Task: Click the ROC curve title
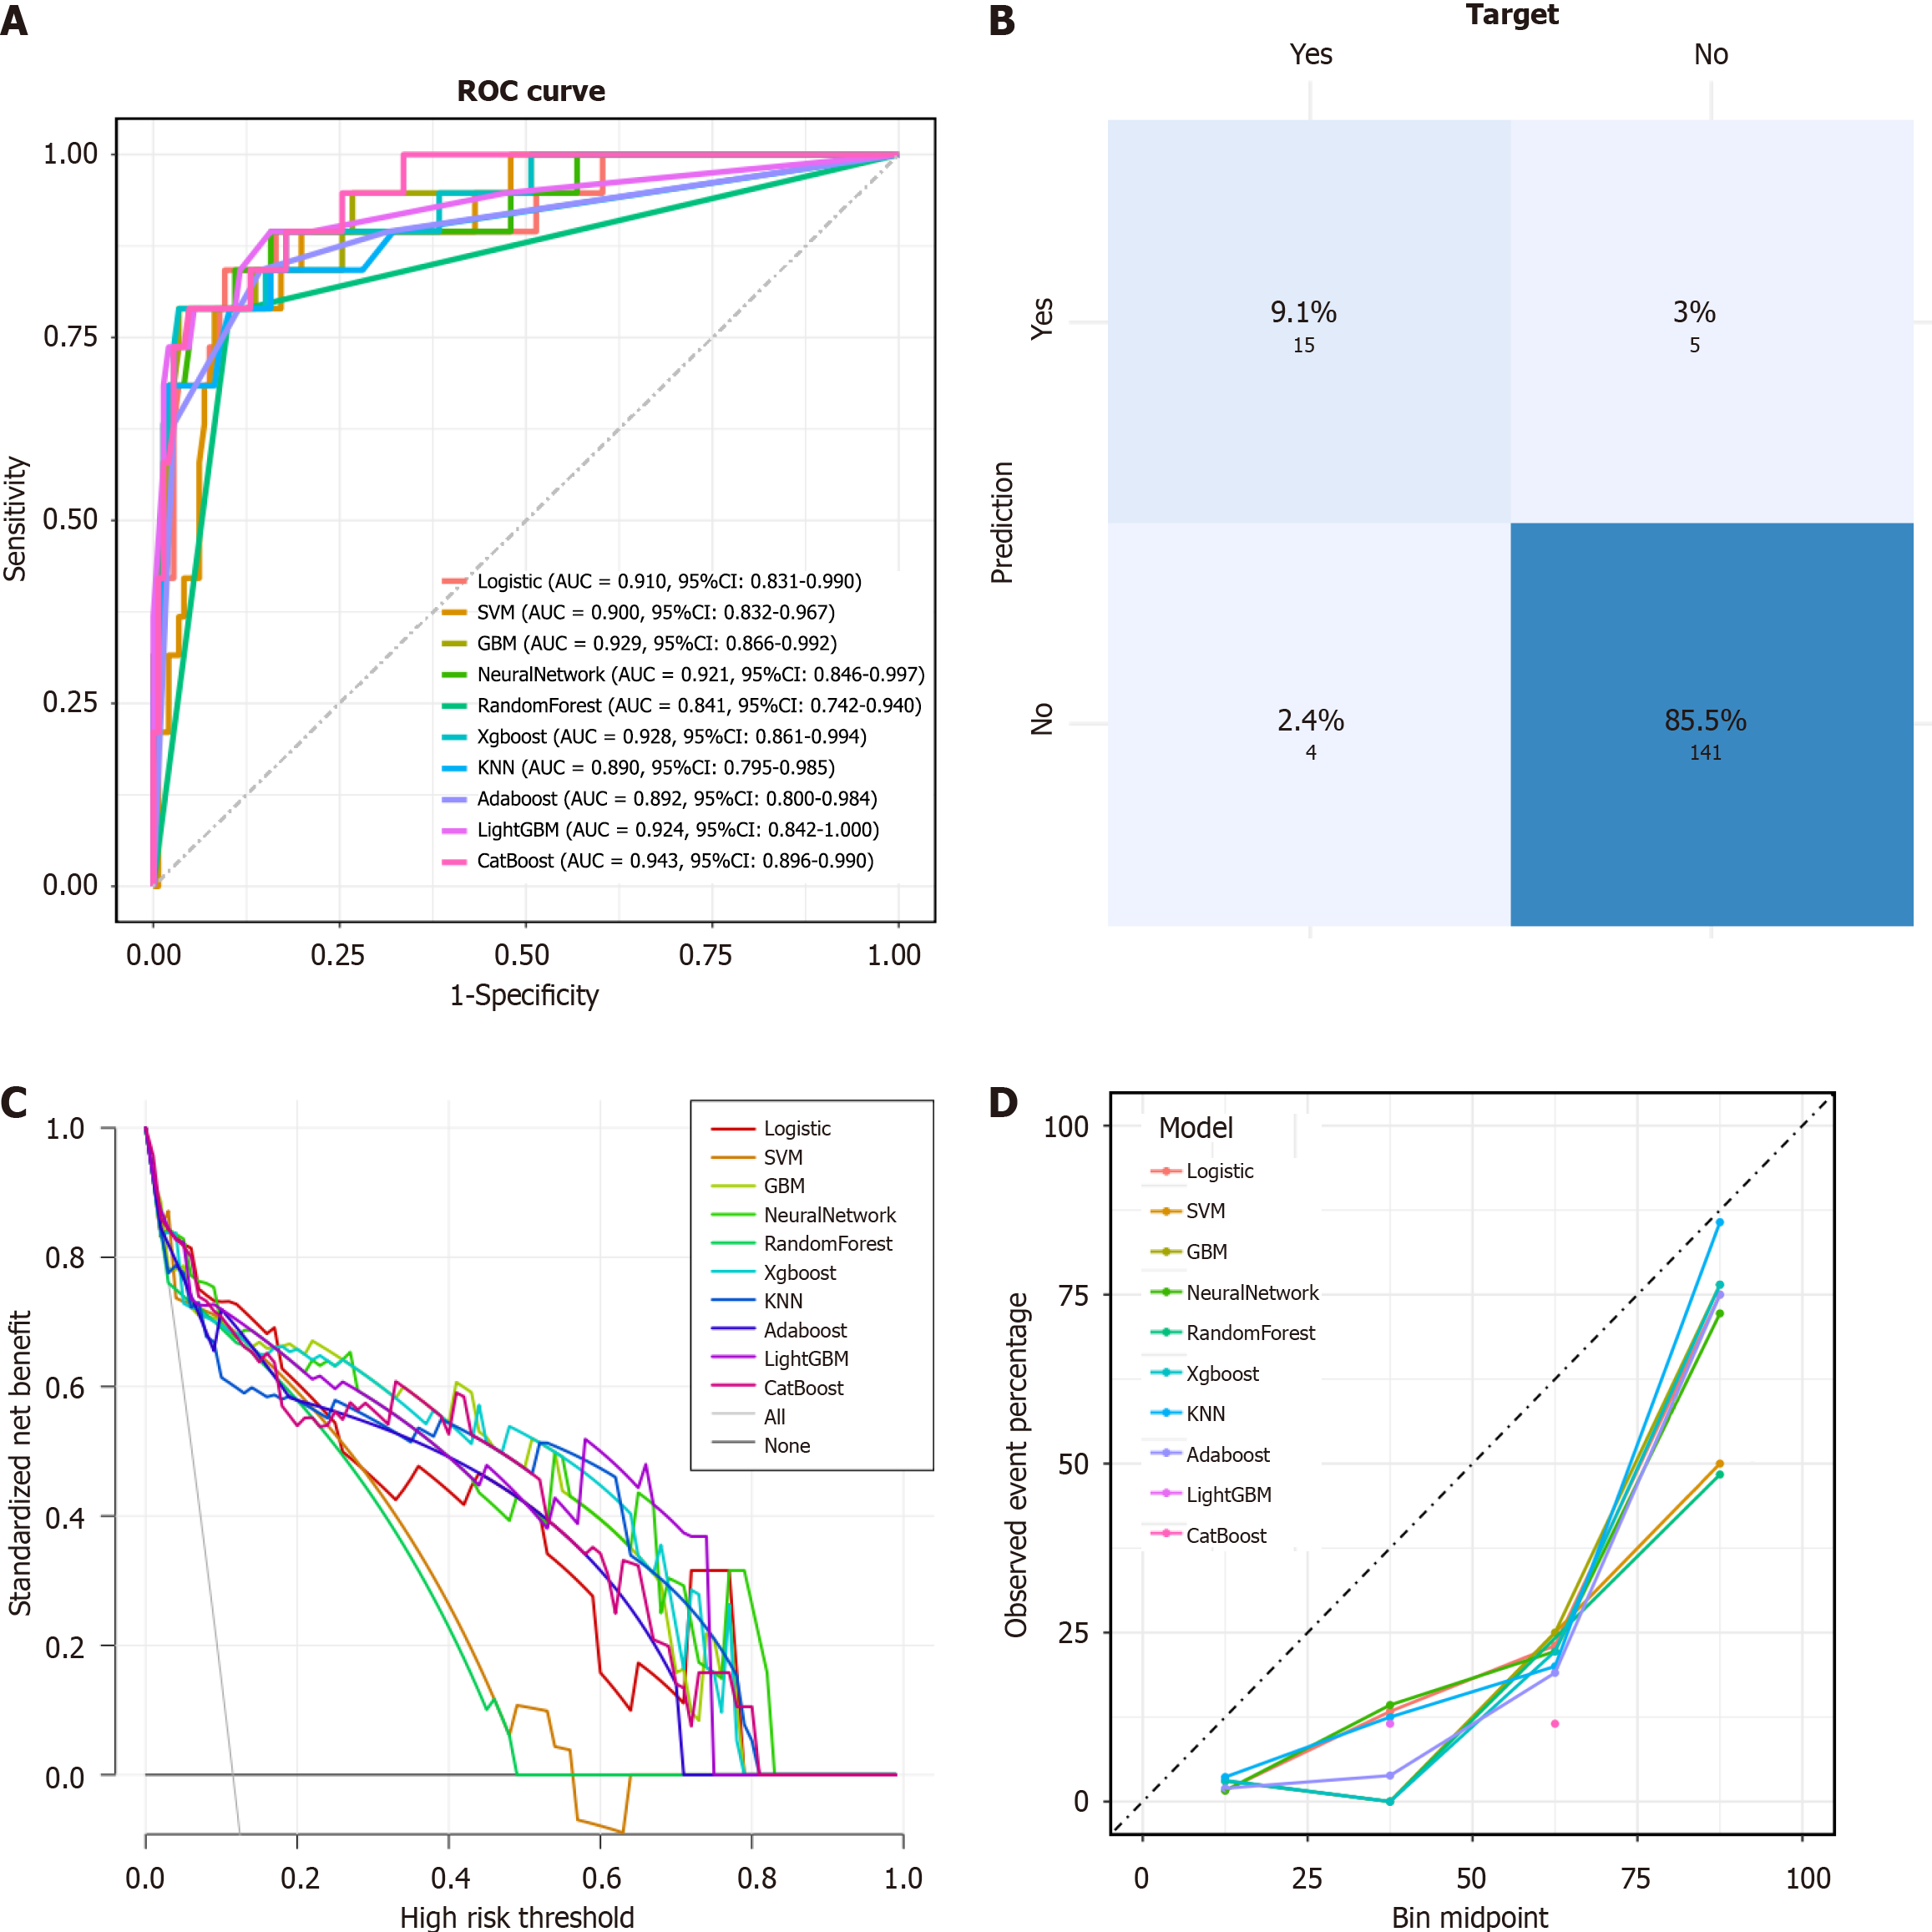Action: click(531, 91)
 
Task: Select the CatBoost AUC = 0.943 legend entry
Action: click(674, 861)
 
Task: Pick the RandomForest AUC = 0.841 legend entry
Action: click(698, 706)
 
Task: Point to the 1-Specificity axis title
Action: click(524, 996)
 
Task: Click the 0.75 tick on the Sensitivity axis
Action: click(70, 337)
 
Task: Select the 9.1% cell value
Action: click(1303, 312)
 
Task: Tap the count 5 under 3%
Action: click(1695, 345)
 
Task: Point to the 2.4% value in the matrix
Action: click(1310, 720)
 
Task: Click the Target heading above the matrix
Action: click(1512, 15)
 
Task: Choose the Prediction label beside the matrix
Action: click(1002, 522)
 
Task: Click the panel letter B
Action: click(1002, 21)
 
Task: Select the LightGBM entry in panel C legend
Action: click(805, 1359)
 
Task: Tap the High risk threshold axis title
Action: click(517, 1916)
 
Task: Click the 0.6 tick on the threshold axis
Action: click(601, 1878)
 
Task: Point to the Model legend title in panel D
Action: click(1195, 1128)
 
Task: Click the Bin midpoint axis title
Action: click(1469, 1916)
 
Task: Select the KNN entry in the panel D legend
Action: click(1205, 1414)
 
